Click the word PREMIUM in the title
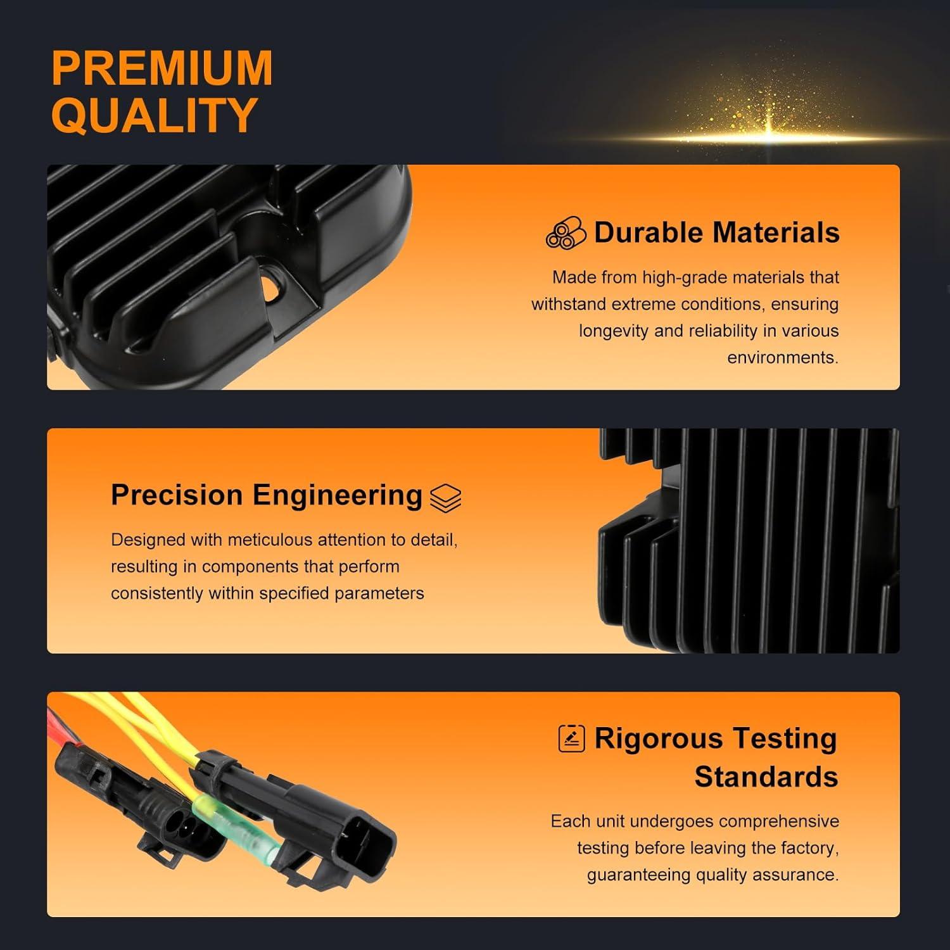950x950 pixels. point(162,68)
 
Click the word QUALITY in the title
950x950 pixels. point(154,115)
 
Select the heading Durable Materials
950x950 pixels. point(716,232)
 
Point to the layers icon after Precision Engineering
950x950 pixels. point(445,498)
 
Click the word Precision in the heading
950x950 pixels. point(177,495)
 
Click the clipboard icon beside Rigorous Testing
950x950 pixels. point(571,738)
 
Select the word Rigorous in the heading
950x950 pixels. point(658,738)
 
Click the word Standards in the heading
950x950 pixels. point(766,776)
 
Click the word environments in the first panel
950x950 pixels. point(782,358)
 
